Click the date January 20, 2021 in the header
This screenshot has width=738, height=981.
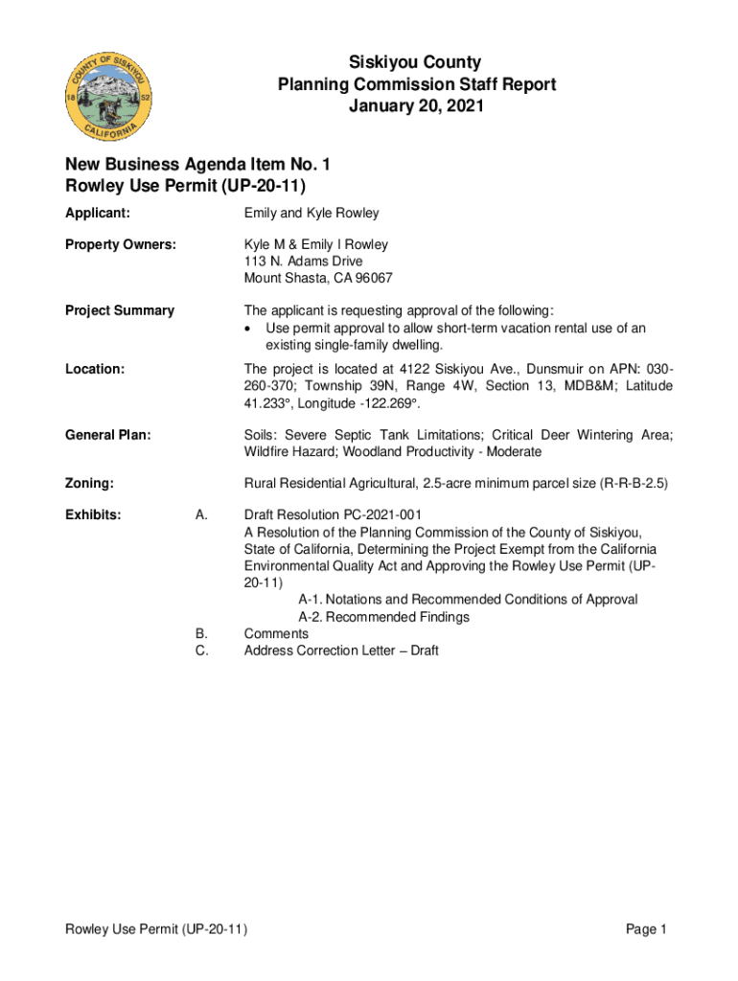pos(417,106)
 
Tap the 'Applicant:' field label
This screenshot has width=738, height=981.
pos(98,213)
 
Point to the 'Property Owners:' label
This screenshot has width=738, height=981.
pos(121,245)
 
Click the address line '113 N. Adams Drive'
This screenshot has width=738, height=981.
pos(304,262)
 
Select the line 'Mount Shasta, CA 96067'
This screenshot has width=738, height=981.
pos(318,279)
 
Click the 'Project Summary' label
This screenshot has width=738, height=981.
pos(120,310)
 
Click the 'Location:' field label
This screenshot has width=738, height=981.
pos(95,369)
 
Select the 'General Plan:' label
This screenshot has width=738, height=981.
pos(108,435)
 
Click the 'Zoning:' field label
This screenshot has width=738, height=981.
pos(89,484)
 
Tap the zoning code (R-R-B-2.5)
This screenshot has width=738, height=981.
pos(634,484)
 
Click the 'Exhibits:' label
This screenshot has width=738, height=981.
pos(93,515)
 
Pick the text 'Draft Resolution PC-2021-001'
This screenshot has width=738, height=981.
pos(333,515)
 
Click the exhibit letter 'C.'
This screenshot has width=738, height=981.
pos(201,650)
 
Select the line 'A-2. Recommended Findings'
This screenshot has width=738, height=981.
pos(384,617)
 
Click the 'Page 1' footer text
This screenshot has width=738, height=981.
pos(646,929)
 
